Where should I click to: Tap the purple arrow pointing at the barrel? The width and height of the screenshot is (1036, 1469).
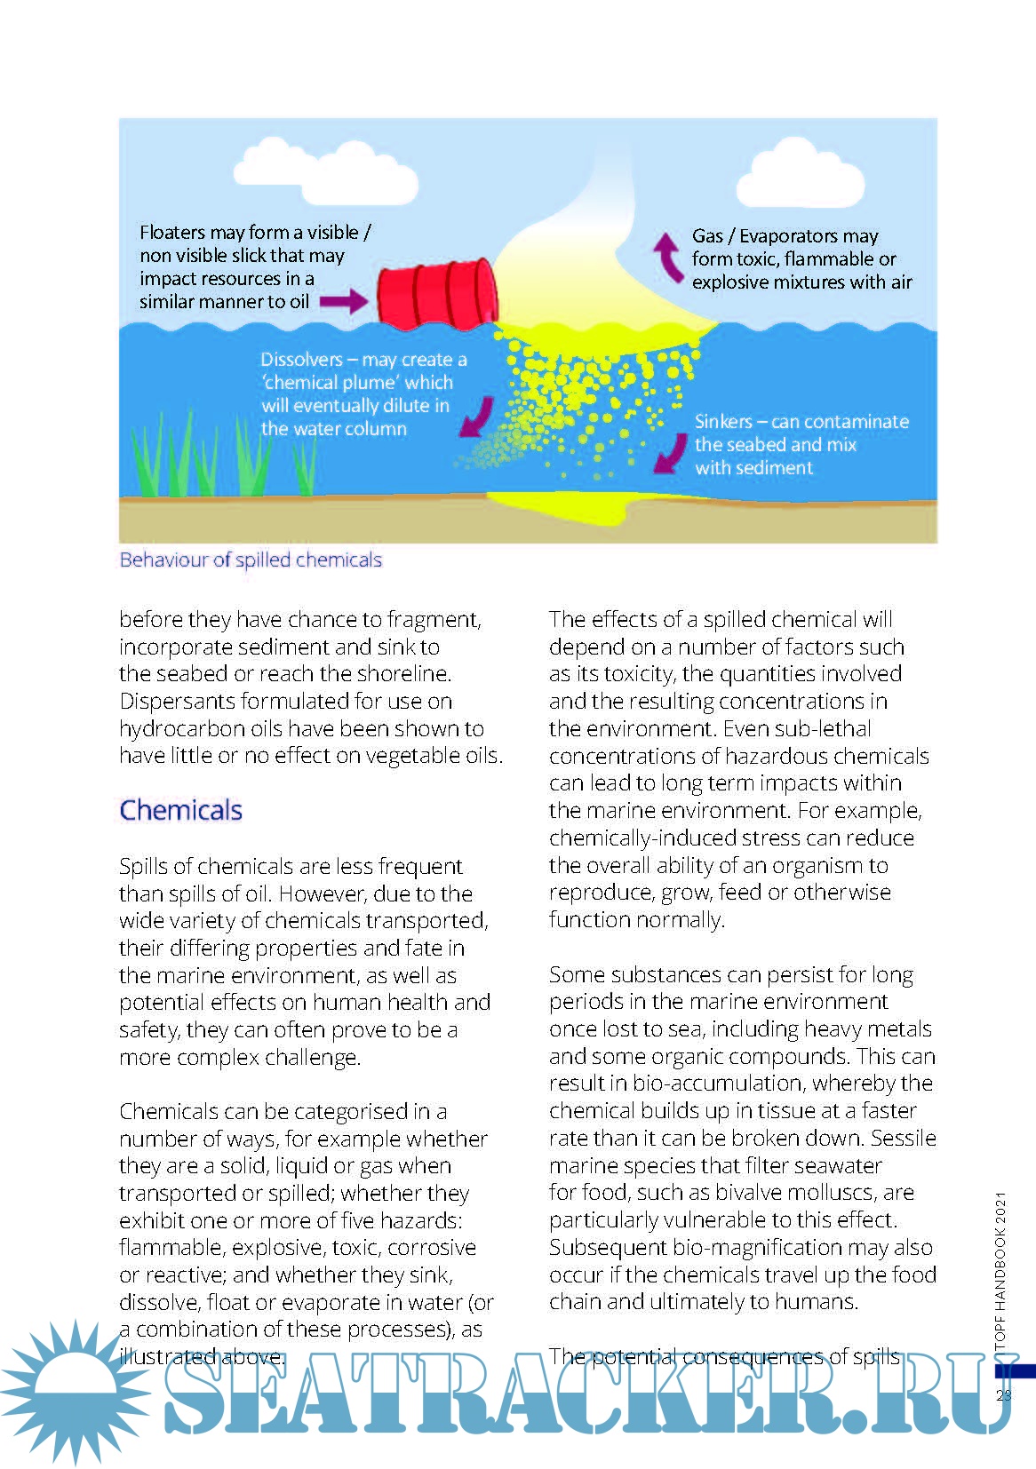click(x=344, y=301)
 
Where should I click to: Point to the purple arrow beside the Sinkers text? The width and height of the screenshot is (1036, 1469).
click(x=665, y=454)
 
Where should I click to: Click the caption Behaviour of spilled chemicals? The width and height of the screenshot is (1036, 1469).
click(x=251, y=560)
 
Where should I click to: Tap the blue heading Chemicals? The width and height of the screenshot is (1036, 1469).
click(x=181, y=810)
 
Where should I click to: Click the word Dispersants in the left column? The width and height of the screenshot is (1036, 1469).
click(x=174, y=701)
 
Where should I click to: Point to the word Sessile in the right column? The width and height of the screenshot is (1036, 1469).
click(x=904, y=1138)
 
